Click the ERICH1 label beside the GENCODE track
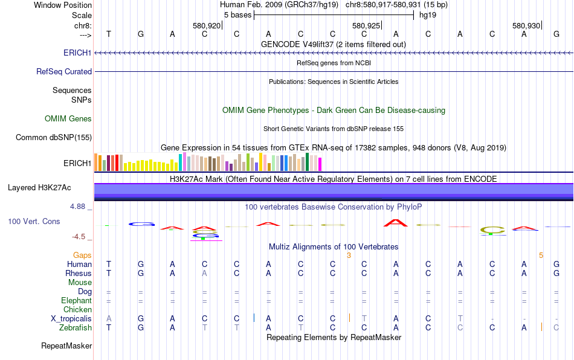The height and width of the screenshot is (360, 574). (x=77, y=53)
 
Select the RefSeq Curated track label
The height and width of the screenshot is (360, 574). (x=64, y=71)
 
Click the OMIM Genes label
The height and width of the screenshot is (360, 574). (x=68, y=119)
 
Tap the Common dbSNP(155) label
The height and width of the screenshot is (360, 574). (x=54, y=137)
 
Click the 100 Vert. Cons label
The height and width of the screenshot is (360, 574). (x=34, y=222)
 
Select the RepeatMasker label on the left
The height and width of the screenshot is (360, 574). (x=66, y=346)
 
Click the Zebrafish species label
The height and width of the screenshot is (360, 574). (x=76, y=327)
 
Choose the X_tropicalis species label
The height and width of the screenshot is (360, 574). (x=71, y=318)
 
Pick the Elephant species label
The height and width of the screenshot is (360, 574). (x=76, y=300)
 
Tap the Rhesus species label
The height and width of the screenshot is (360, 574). (x=79, y=273)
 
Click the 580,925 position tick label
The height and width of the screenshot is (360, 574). (x=366, y=26)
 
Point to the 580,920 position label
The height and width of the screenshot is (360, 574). (x=207, y=26)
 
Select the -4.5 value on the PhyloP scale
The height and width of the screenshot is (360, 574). (x=79, y=237)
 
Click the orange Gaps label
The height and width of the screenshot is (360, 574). (x=83, y=256)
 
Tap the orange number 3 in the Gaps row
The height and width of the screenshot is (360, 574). (x=349, y=256)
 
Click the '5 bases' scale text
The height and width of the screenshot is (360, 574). (x=236, y=14)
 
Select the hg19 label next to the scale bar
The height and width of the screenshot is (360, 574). (x=428, y=14)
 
